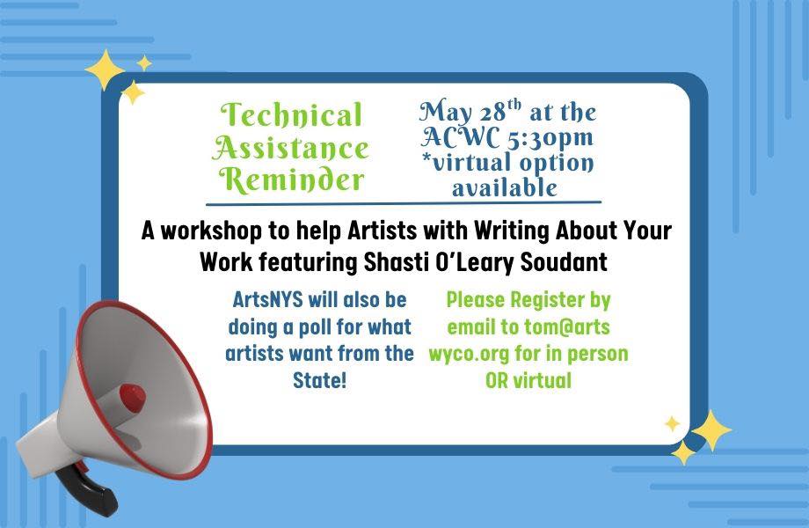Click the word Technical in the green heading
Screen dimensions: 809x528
(x=292, y=114)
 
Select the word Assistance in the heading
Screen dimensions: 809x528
(x=290, y=148)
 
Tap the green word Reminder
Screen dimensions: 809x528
(x=292, y=180)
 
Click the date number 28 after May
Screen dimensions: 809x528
(x=492, y=113)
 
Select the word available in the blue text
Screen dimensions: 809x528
(x=505, y=187)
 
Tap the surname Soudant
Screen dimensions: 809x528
(x=564, y=262)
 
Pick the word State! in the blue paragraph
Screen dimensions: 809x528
(x=319, y=381)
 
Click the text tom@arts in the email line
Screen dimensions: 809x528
(x=567, y=327)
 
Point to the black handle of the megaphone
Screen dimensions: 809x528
(x=88, y=490)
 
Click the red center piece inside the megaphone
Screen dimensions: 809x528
(x=132, y=399)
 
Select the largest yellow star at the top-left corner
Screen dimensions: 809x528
(x=105, y=70)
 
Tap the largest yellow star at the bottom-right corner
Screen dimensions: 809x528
(x=711, y=431)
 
